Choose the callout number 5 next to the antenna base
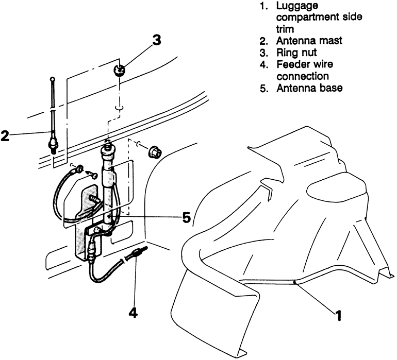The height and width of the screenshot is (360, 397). pyautogui.click(x=186, y=218)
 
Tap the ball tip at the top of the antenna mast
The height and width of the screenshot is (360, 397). pyautogui.click(x=53, y=79)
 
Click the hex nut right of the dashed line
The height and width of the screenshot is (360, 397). pyautogui.click(x=154, y=152)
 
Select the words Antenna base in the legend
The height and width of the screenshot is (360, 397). pyautogui.click(x=309, y=88)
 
